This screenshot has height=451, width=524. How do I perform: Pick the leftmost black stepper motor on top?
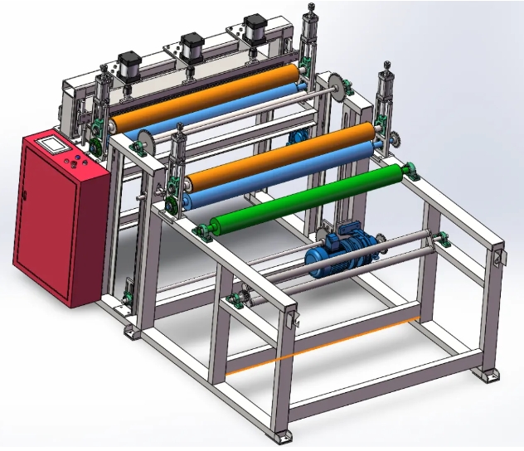[129, 66]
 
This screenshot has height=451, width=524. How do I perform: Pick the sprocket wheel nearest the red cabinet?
[143, 142]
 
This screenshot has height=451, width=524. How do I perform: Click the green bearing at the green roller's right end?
[409, 172]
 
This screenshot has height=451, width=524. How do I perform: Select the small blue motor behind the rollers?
[295, 138]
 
